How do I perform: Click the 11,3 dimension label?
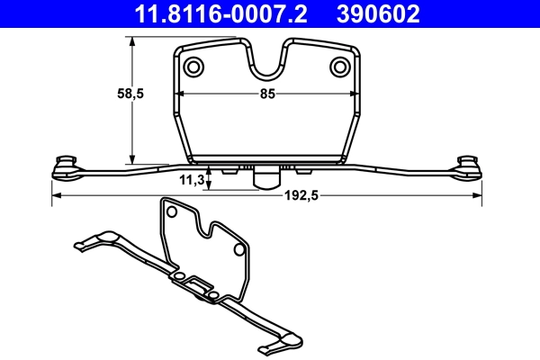[191, 180]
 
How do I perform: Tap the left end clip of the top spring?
[66, 164]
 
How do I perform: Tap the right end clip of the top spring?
[467, 164]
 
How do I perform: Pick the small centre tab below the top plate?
[264, 177]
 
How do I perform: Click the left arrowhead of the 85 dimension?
[179, 93]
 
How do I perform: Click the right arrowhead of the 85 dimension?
[352, 93]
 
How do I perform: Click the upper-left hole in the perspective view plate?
[169, 213]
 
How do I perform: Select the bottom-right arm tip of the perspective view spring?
[267, 348]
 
